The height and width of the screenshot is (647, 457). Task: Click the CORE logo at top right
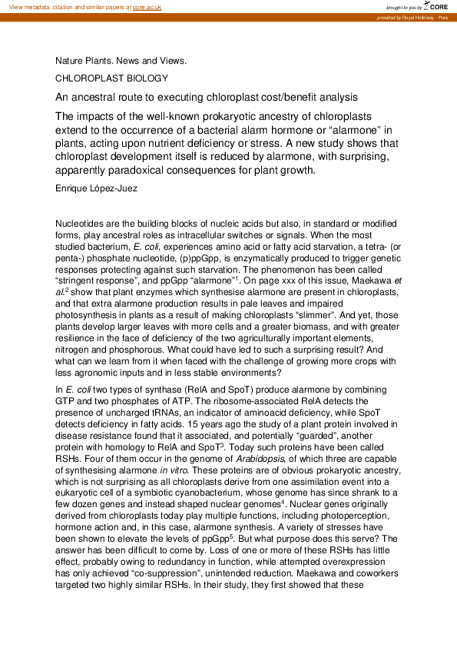[436, 6]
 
